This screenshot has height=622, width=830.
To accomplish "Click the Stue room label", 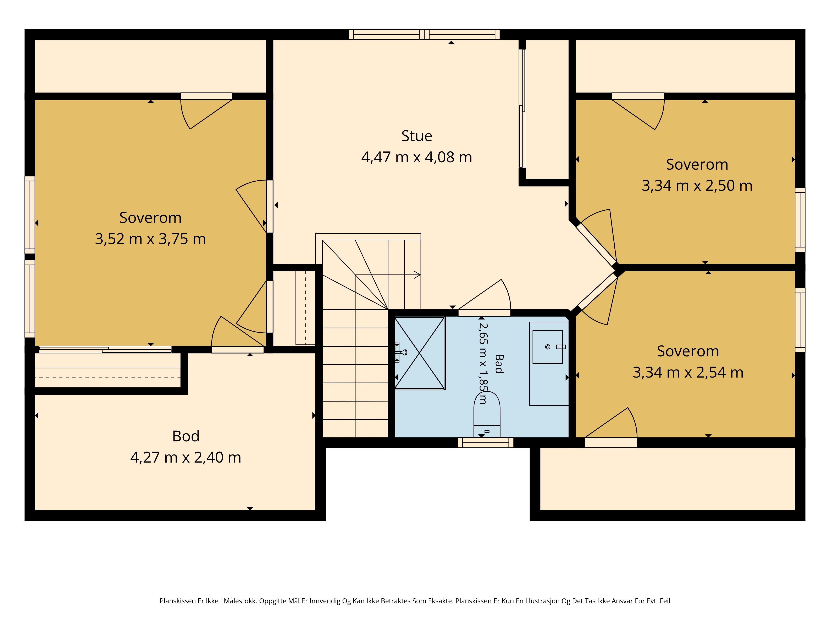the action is [416, 136].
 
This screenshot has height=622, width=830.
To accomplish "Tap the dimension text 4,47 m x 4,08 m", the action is [416, 157].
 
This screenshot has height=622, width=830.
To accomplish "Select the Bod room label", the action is [186, 436].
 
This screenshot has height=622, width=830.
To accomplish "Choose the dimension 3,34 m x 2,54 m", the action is [688, 373].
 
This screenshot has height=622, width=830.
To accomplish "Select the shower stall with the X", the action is [420, 354].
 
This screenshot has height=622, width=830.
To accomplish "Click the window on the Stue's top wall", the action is [424, 34].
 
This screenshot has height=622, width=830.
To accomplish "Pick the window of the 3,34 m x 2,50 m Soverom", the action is [800, 220].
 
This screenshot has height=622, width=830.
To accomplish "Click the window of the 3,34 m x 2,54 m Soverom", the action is [800, 320].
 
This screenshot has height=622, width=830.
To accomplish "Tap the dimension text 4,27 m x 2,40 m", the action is [186, 457].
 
